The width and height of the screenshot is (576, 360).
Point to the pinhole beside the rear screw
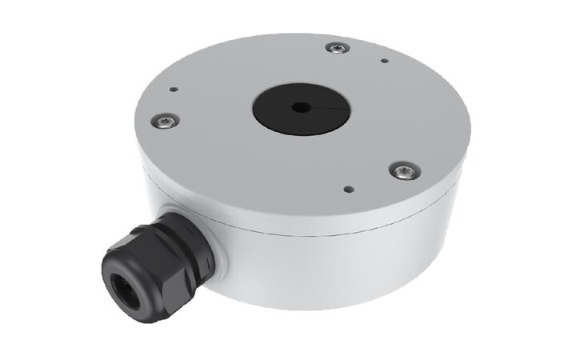tap(385, 60)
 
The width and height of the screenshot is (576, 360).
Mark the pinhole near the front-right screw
tap(347, 190)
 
